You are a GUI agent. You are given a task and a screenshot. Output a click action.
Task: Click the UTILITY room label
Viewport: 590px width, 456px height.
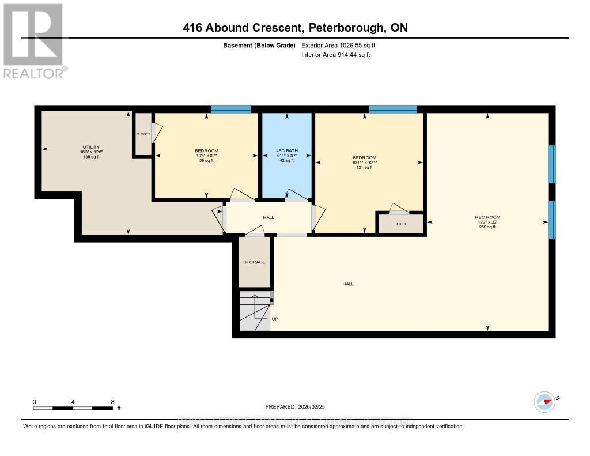[x=91, y=146]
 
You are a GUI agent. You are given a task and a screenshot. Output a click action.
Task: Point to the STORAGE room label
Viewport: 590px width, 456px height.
[x=254, y=262]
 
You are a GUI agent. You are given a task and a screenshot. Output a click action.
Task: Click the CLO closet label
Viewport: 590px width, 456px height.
[x=401, y=224]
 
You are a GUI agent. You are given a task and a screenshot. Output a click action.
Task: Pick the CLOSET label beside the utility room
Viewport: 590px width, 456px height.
[x=143, y=134]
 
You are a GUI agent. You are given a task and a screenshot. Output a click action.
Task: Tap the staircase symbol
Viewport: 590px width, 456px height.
[x=254, y=311]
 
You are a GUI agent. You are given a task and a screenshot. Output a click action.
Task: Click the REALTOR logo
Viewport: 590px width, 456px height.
[x=34, y=40]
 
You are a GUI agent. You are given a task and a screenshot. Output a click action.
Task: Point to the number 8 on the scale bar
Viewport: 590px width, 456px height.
[x=112, y=402]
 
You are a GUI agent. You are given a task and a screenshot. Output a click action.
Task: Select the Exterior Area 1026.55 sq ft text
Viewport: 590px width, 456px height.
[x=339, y=45]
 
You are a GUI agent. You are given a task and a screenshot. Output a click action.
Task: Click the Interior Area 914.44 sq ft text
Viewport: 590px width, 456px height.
[x=336, y=55]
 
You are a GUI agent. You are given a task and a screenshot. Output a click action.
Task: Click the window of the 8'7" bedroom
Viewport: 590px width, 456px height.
[x=230, y=109]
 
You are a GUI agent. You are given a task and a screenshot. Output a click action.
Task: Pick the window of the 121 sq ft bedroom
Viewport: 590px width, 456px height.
[x=392, y=109]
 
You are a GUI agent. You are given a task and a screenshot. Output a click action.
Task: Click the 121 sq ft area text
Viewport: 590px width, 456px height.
[x=365, y=168]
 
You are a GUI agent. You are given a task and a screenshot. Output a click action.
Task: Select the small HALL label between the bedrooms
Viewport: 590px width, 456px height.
[x=268, y=217]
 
